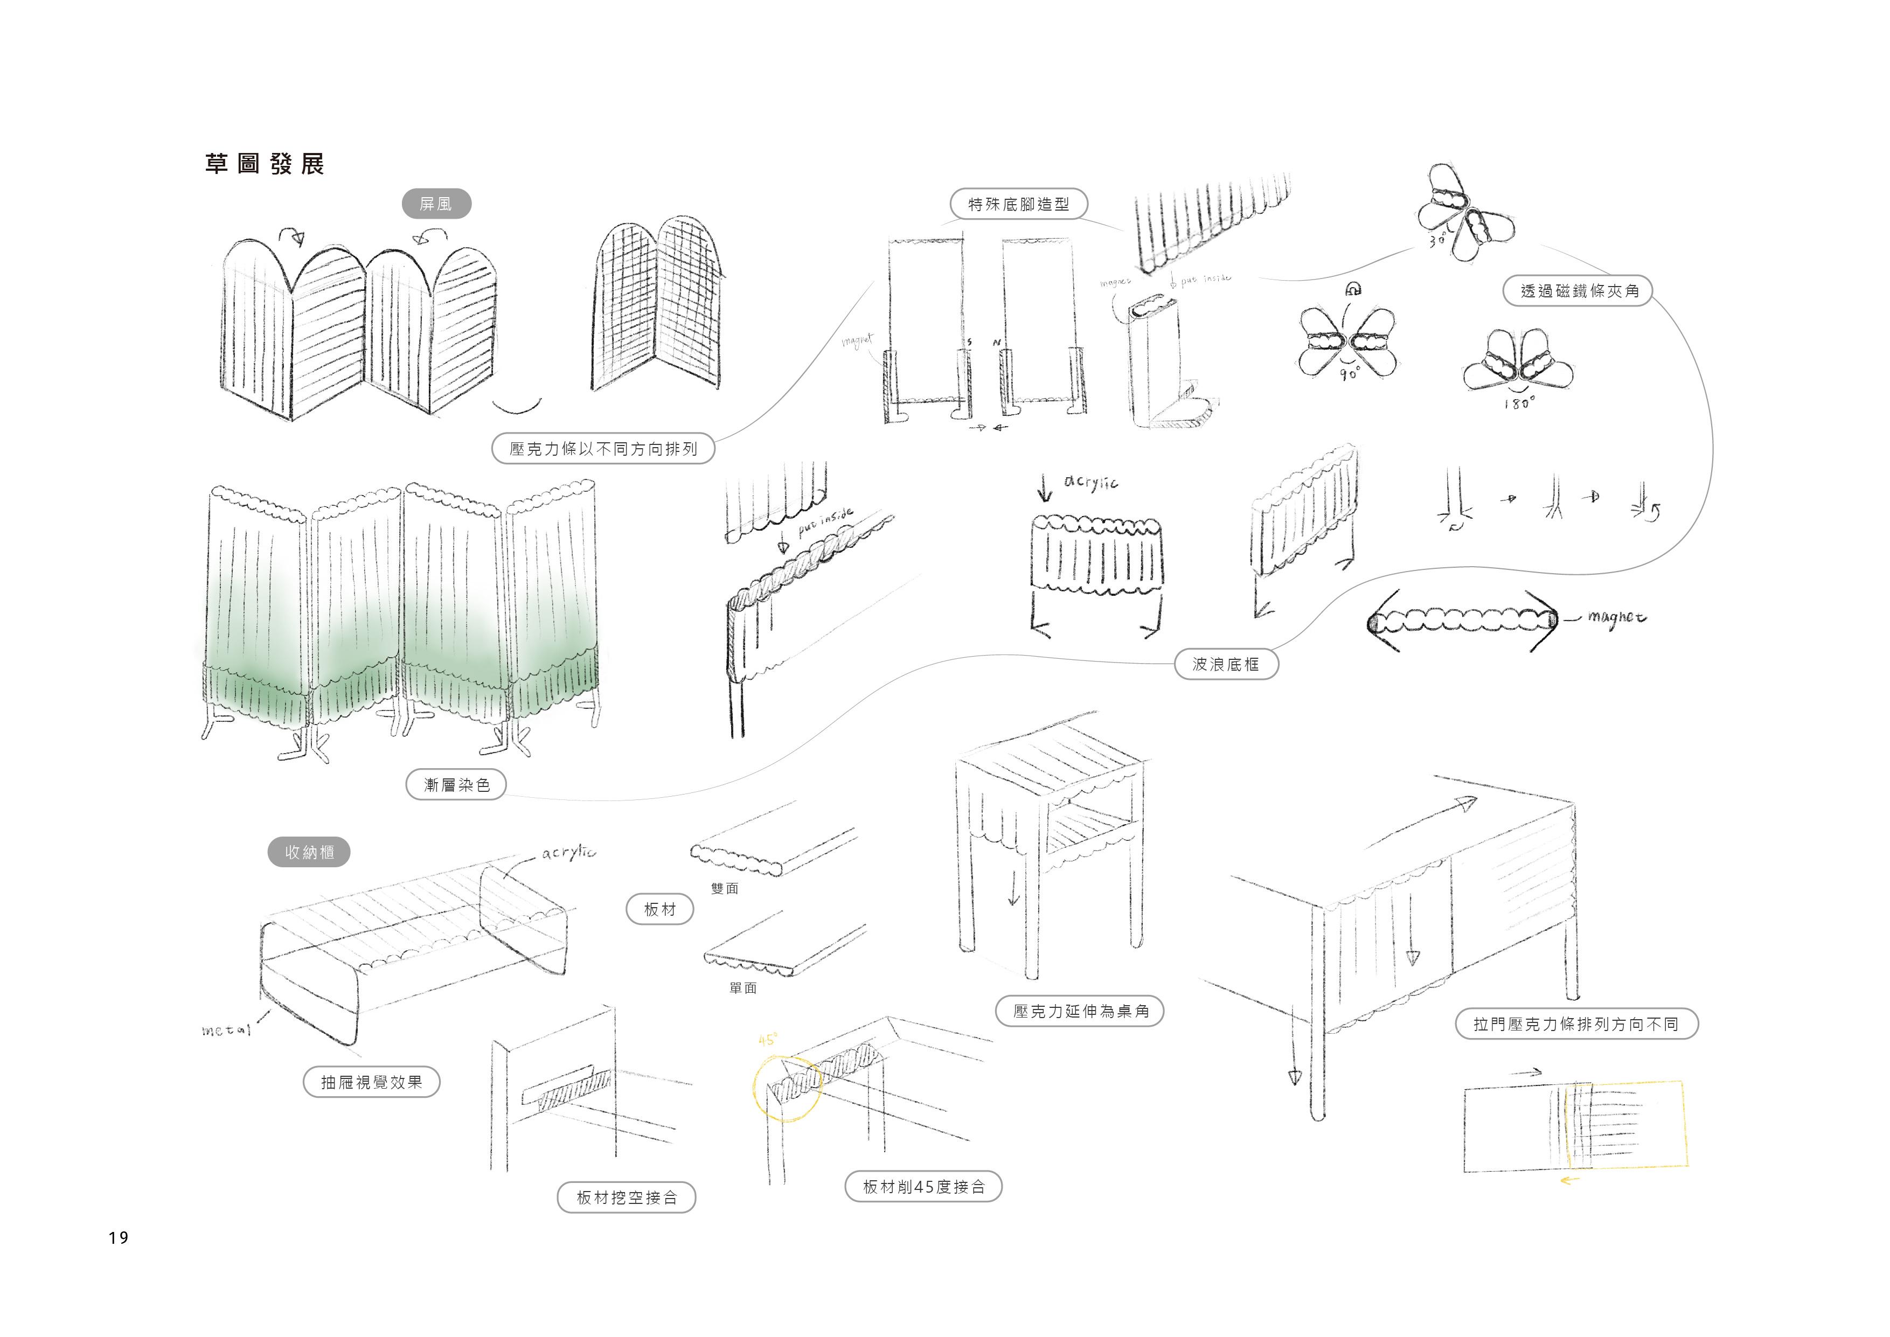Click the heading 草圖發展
(x=264, y=164)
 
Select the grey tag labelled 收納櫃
(x=309, y=852)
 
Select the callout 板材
(x=659, y=910)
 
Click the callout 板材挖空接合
(x=627, y=1198)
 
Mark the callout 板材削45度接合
(x=923, y=1186)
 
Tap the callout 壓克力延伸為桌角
(x=1080, y=1011)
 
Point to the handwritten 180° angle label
(x=1519, y=403)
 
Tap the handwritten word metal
(x=226, y=1030)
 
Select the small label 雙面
(x=725, y=888)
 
